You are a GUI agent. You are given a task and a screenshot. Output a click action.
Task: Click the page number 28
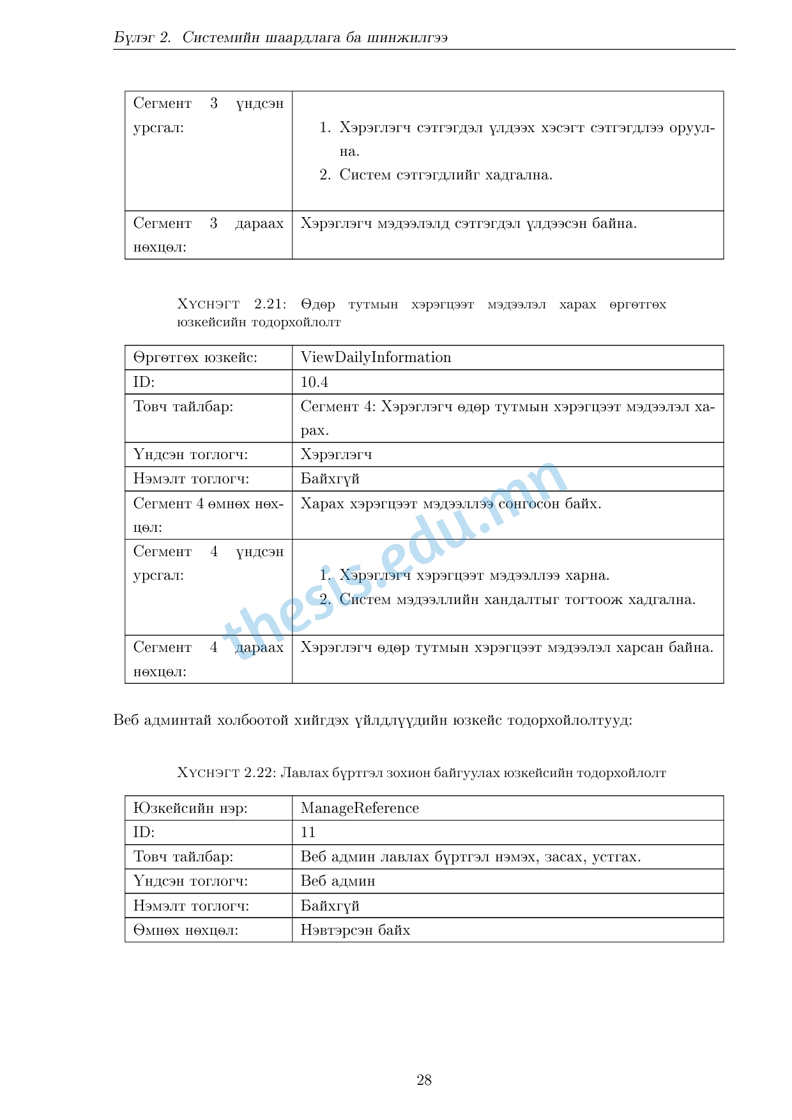[424, 1080]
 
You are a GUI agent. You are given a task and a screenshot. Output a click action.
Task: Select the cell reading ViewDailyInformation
[376, 358]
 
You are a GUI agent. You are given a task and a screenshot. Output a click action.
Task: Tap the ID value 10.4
[314, 382]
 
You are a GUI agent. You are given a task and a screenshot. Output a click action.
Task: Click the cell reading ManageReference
[360, 808]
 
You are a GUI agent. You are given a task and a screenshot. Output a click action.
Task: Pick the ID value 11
[308, 833]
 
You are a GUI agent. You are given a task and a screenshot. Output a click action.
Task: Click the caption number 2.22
[259, 773]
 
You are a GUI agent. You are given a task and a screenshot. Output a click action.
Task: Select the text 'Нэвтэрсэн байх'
[355, 930]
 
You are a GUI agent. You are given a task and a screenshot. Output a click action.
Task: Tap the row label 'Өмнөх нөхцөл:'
[186, 930]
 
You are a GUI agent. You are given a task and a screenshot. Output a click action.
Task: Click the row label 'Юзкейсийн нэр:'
[190, 808]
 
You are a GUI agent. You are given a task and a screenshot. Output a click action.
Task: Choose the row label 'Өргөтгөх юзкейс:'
[195, 358]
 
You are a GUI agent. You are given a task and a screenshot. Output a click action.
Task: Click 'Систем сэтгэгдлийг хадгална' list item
[445, 175]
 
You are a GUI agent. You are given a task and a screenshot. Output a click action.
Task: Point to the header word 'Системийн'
[221, 38]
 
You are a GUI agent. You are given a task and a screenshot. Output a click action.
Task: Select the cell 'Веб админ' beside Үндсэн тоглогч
[338, 881]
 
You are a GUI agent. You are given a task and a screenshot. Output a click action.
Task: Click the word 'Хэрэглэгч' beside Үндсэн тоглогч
[336, 455]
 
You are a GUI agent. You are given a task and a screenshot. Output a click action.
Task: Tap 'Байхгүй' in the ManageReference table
[330, 906]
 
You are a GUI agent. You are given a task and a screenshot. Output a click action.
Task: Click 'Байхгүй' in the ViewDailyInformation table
[330, 479]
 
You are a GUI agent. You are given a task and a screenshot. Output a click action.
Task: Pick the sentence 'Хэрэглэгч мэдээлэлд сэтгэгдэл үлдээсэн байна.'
[468, 223]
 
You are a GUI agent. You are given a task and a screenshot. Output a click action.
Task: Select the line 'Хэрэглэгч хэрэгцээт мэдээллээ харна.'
[474, 576]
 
